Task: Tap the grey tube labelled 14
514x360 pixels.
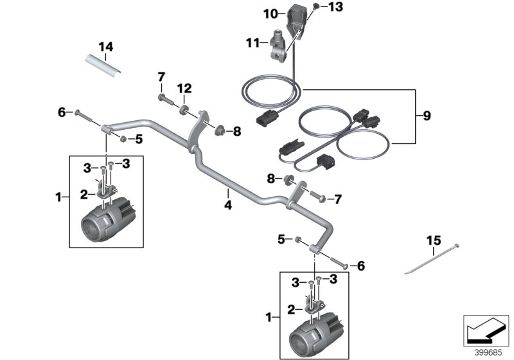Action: tap(104, 66)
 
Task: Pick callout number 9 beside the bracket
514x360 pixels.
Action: tap(427, 116)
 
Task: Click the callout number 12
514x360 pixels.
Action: tap(184, 87)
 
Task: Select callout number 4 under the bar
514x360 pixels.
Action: tap(227, 207)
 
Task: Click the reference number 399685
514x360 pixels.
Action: tap(489, 352)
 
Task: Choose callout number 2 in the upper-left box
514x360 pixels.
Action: tap(83, 194)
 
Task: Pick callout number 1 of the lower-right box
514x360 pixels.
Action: tap(270, 317)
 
